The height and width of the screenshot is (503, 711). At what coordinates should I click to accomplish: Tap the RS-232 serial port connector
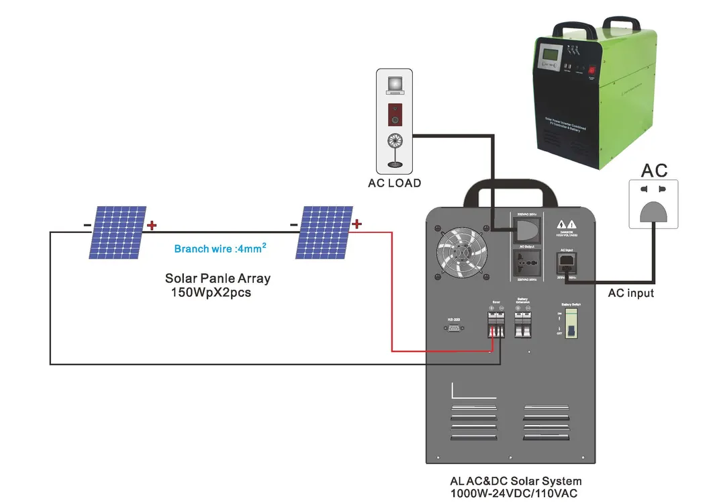point(453,328)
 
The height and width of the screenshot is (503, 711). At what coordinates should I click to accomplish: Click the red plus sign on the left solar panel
point(152,225)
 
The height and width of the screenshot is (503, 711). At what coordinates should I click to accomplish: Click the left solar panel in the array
point(117,232)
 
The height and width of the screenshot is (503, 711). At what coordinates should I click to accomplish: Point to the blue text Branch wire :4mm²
point(220,248)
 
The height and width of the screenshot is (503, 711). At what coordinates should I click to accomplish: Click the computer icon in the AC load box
point(394,84)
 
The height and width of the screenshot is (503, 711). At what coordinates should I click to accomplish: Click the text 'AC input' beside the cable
point(630,293)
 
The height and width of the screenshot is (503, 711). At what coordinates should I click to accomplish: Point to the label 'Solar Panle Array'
point(218,278)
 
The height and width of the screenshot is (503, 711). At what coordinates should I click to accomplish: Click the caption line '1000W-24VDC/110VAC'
point(515,493)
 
